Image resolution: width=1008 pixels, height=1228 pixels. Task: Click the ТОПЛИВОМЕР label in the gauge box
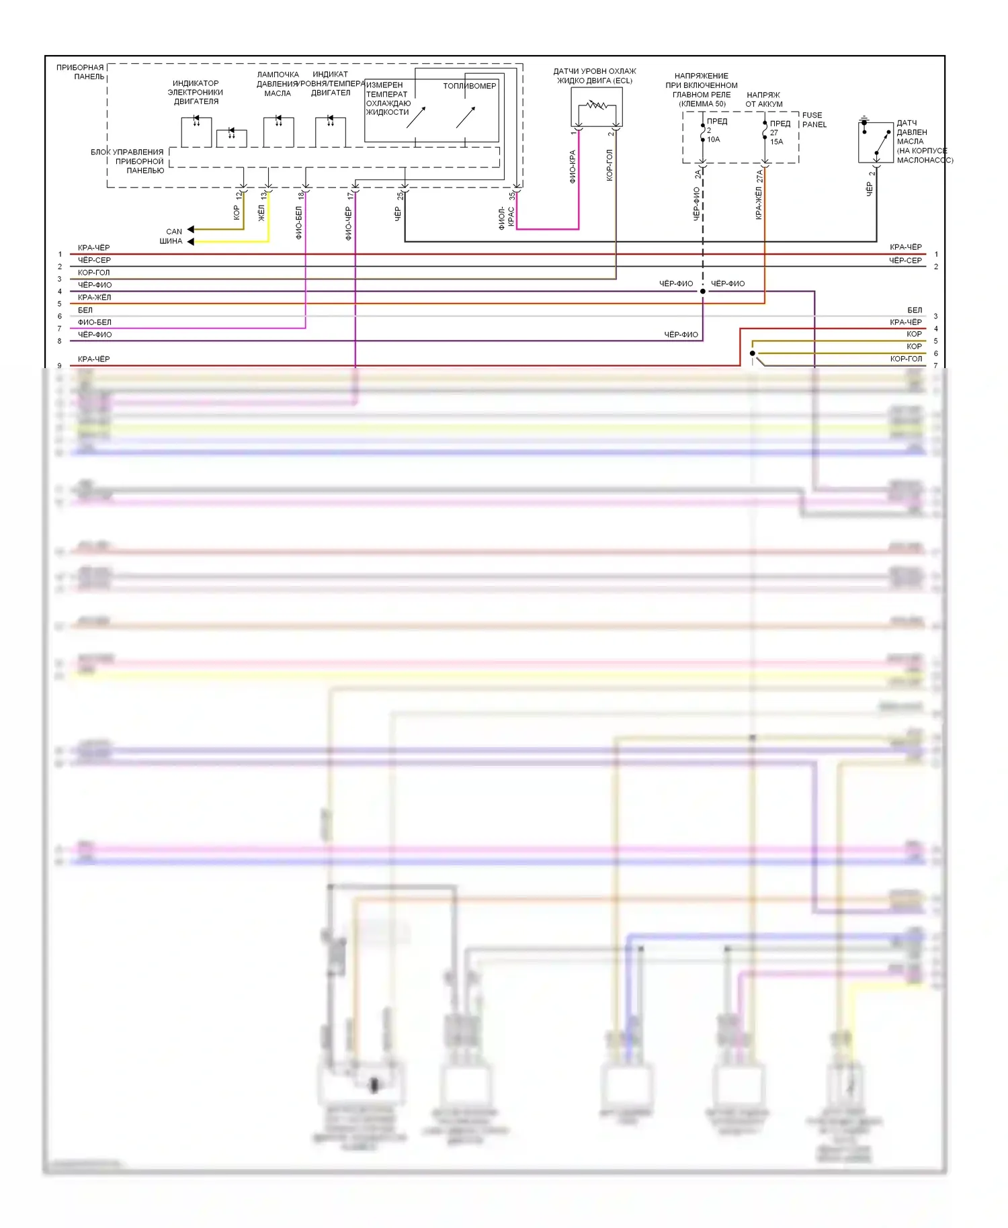tap(469, 86)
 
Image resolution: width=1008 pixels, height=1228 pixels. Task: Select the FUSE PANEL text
tap(814, 120)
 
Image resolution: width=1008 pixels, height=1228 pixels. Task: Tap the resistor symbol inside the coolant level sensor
tap(596, 105)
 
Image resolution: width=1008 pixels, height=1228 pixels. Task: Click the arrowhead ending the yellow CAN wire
tap(191, 241)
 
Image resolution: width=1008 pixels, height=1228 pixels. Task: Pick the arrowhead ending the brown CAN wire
tap(191, 230)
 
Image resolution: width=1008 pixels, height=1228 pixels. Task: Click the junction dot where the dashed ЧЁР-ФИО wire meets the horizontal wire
tap(703, 291)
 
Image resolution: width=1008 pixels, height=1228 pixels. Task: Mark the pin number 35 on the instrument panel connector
tap(511, 195)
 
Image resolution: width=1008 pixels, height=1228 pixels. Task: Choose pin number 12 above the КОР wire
tap(238, 195)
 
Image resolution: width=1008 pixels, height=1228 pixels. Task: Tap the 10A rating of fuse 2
tap(713, 139)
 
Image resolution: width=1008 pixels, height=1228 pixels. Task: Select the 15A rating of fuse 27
tap(776, 142)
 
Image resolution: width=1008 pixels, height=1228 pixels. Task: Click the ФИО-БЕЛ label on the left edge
tap(95, 322)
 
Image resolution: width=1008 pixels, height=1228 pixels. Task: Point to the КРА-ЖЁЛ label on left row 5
tap(95, 298)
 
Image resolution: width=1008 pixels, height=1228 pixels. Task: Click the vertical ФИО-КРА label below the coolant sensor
tap(573, 167)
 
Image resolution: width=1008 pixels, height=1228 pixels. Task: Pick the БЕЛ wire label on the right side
tap(915, 310)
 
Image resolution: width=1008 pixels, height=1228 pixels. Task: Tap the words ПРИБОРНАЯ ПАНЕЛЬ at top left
tap(81, 72)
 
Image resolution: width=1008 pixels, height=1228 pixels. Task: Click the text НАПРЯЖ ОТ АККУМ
tap(764, 99)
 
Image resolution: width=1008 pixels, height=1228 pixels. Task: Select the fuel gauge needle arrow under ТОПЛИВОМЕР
tap(466, 117)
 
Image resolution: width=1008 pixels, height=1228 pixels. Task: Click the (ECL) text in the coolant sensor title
tap(622, 81)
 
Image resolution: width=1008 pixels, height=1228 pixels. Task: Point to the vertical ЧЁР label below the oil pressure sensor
tap(869, 189)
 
